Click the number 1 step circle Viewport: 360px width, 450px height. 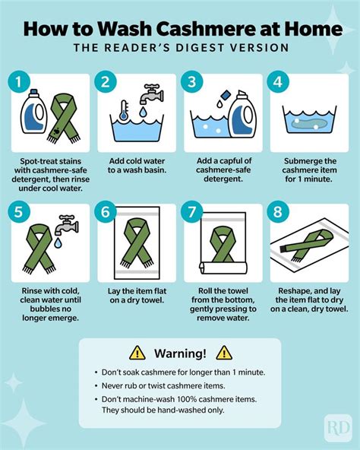click(x=19, y=82)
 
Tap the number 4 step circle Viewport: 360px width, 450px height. click(x=278, y=82)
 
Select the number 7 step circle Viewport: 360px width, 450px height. click(x=191, y=212)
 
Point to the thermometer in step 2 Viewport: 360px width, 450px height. click(x=124, y=110)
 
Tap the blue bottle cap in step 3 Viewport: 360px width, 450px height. click(x=226, y=94)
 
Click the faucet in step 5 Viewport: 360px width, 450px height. click(x=66, y=223)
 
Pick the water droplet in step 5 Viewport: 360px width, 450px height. click(x=58, y=242)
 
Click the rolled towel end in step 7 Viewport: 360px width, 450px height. click(x=203, y=268)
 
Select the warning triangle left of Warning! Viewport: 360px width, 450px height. click(x=137, y=353)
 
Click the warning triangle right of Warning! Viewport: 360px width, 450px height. click(x=224, y=353)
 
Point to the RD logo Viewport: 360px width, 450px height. click(x=338, y=428)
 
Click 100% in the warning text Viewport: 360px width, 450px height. click(x=186, y=399)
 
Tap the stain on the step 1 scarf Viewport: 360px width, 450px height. click(x=56, y=132)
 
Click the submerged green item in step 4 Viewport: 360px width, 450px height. click(x=309, y=124)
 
